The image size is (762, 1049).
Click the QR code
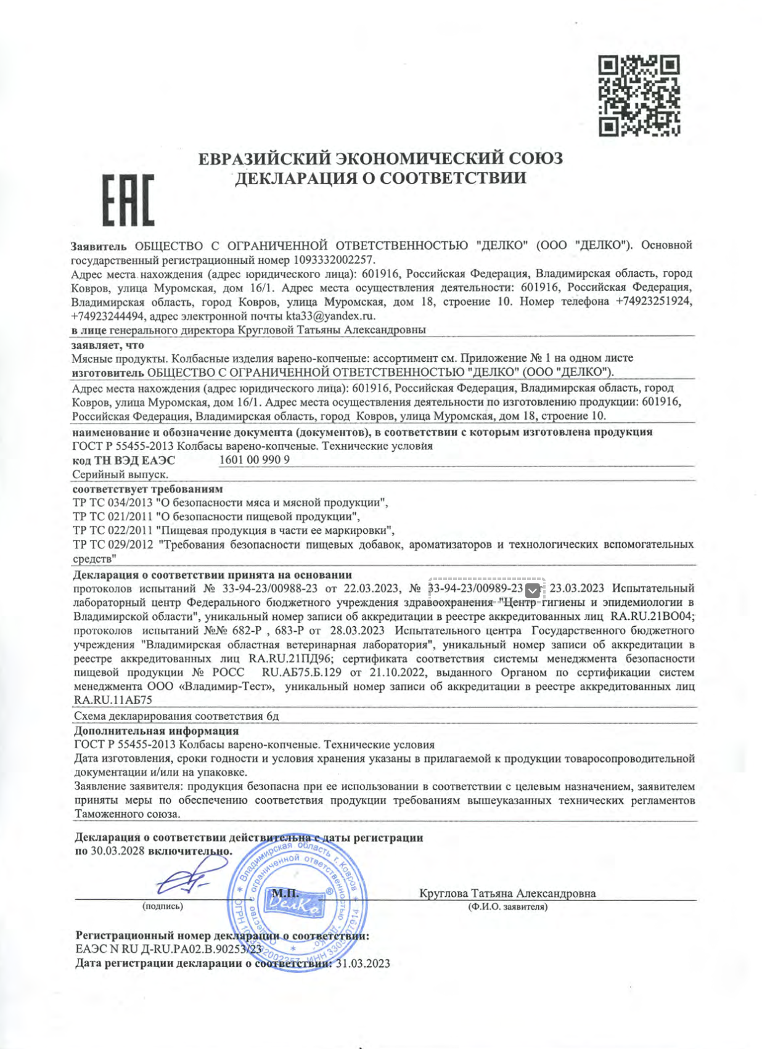[x=639, y=96]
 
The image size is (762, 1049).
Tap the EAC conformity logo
[x=128, y=200]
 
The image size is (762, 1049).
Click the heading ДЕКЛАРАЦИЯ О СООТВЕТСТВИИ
[x=380, y=178]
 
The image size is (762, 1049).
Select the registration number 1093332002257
[x=334, y=259]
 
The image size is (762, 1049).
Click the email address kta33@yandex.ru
[x=330, y=316]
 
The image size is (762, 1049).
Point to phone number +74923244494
[x=109, y=316]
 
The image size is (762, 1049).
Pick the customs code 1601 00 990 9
[x=254, y=460]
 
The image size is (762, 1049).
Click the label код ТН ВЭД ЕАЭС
[x=124, y=460]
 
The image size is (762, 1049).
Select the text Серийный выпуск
[x=120, y=475]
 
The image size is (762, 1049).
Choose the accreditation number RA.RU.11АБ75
[x=113, y=700]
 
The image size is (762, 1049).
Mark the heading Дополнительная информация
[x=156, y=731]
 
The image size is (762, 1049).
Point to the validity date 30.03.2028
[x=117, y=851]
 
